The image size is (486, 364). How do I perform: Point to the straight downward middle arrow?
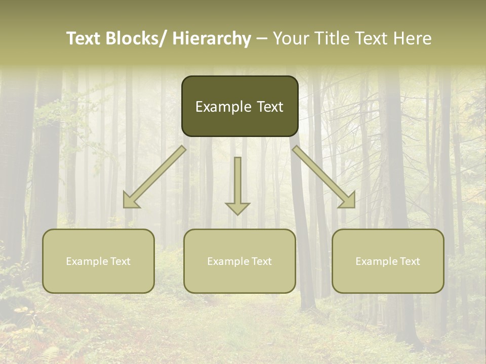[x=238, y=182]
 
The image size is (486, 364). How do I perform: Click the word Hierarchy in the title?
[x=212, y=38]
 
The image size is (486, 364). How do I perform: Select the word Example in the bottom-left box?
[x=84, y=261]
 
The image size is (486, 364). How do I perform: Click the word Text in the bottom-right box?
[x=409, y=261]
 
